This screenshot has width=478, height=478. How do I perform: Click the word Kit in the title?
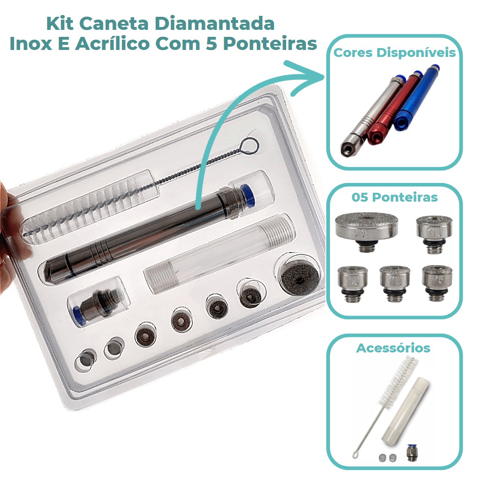60,23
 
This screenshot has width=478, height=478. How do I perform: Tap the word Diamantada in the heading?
215,23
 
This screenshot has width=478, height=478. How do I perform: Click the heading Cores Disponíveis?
394,53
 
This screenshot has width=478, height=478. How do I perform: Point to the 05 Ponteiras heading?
394,197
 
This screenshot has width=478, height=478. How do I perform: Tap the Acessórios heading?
393,348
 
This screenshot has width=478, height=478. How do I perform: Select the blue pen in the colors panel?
416,98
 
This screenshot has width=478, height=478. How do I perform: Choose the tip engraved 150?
353,283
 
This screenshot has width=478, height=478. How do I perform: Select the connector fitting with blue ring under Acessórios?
412,452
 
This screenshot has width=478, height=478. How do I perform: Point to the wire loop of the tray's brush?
249,146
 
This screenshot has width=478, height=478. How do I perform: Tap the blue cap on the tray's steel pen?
247,195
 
